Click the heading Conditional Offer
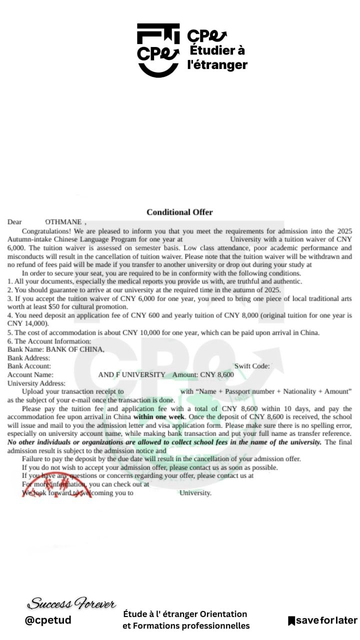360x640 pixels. coord(180,212)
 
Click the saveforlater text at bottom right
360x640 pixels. coord(325,621)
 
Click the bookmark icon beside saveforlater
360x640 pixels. coord(291,621)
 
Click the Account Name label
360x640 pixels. coord(30,374)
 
